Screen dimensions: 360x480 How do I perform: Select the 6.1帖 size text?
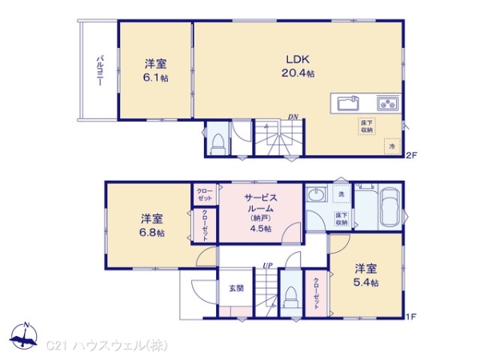156,78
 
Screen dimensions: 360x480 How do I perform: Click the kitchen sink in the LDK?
347,103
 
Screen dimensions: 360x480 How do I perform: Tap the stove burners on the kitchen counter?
387,103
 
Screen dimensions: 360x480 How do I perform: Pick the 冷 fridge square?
392,146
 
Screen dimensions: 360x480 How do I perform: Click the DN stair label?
294,118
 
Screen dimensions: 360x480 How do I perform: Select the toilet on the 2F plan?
217,143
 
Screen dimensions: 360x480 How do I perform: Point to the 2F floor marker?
412,154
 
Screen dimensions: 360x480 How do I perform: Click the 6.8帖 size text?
153,233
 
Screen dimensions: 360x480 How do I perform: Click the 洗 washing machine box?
339,194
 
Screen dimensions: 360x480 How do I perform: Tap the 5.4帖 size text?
366,282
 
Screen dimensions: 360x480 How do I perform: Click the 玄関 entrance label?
237,289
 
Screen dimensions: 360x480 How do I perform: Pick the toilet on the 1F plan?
289,298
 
